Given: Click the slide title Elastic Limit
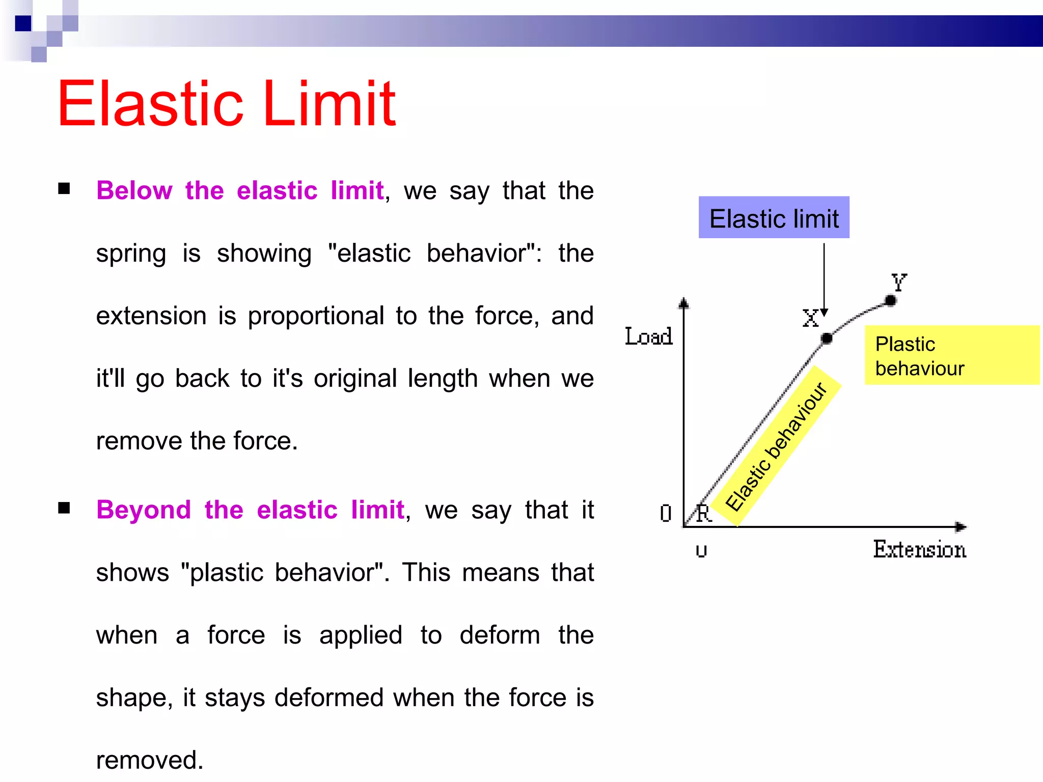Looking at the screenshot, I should pos(227,104).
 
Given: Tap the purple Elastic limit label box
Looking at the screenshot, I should pos(774,218).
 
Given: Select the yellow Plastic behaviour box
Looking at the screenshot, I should pos(951,355).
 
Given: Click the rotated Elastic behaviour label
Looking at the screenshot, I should pos(776,446).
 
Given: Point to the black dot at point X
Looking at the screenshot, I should pos(827,338).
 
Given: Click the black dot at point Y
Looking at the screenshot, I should pos(890,300).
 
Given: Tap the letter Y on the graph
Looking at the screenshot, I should pos(899,282).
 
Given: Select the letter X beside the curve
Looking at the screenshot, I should pos(810,319).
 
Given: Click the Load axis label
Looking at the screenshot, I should pos(648,337).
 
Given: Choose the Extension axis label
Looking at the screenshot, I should pos(920,550).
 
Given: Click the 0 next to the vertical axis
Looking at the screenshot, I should pos(665,513).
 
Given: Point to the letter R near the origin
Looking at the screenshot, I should pos(704,513).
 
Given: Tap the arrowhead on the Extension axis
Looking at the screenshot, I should pos(960,527).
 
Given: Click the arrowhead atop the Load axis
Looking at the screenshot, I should pos(684,303).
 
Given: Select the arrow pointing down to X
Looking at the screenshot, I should pos(824,280).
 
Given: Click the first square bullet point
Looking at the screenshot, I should pos(64,189).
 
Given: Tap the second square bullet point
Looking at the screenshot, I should pos(64,508).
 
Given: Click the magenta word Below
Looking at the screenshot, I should pos(134,191).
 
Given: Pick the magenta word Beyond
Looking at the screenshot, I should pos(144,510).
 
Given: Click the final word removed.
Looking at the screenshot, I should pos(150,760).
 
